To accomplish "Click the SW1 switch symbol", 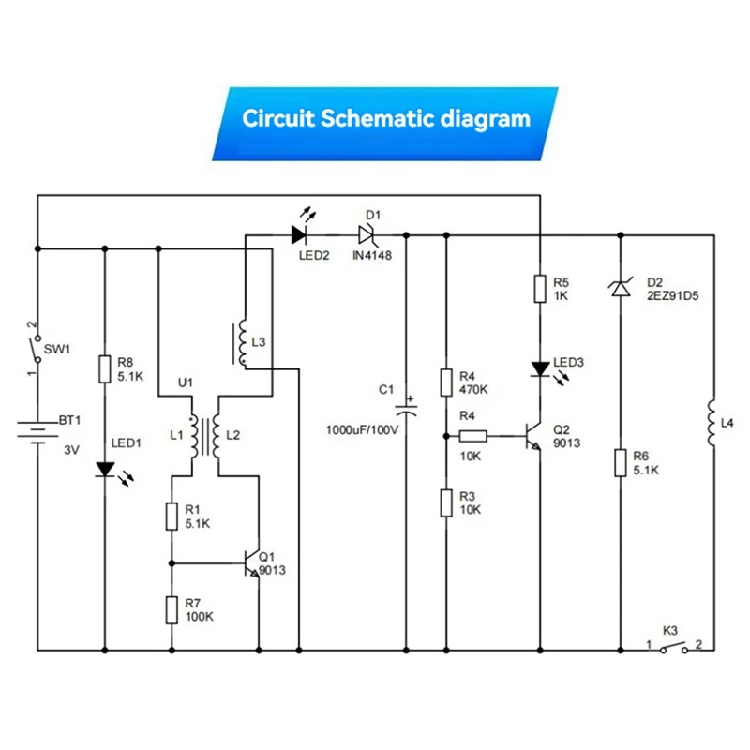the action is [x=36, y=349].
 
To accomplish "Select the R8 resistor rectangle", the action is [x=105, y=369].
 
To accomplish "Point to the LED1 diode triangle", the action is [x=105, y=470].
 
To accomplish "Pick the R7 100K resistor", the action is [x=172, y=610].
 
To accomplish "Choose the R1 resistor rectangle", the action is [x=172, y=517].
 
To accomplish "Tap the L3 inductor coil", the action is [x=241, y=343].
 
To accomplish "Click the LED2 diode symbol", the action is [x=299, y=235].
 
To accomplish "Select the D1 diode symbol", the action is [x=367, y=235].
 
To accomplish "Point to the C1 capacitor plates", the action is [x=406, y=409].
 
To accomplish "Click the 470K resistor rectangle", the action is [x=446, y=382].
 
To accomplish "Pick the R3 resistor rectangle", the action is [x=446, y=502].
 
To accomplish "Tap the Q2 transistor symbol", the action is [x=533, y=436].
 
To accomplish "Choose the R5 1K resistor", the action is [x=540, y=289].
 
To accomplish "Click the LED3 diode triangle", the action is [x=541, y=368].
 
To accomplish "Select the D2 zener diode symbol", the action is [x=621, y=289].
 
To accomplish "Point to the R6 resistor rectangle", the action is [x=621, y=462].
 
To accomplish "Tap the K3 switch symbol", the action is [x=674, y=648].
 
